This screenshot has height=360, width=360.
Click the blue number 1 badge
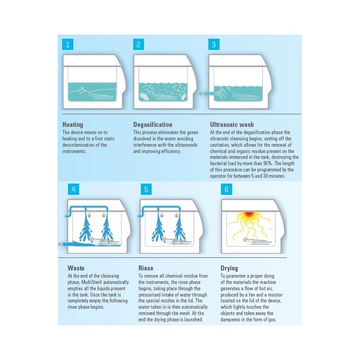tap(68, 44)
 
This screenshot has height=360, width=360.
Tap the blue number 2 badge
tap(139, 44)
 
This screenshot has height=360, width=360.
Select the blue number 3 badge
tap(214, 44)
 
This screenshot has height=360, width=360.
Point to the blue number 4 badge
tap(73, 189)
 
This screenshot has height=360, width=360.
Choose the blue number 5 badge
tap(146, 189)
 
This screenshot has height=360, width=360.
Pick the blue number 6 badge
tap(226, 189)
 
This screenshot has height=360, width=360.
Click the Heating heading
tap(73, 125)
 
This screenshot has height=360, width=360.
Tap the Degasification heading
tap(153, 125)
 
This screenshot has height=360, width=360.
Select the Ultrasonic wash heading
tap(232, 125)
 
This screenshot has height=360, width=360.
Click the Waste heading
tap(76, 268)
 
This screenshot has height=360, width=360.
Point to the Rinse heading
tap(146, 268)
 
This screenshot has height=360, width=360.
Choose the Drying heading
tap(229, 268)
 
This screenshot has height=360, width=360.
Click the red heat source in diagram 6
tap(249, 214)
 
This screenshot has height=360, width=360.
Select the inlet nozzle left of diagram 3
tap(206, 93)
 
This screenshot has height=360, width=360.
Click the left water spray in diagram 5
tap(158, 229)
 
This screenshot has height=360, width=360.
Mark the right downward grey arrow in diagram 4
tap(104, 215)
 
